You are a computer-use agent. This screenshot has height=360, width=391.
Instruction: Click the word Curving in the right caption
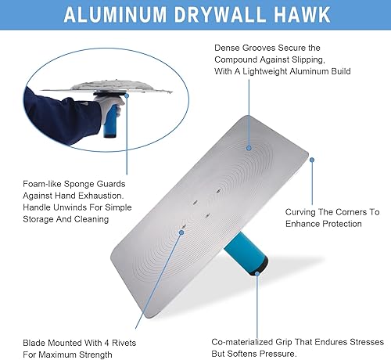coord(305,212)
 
